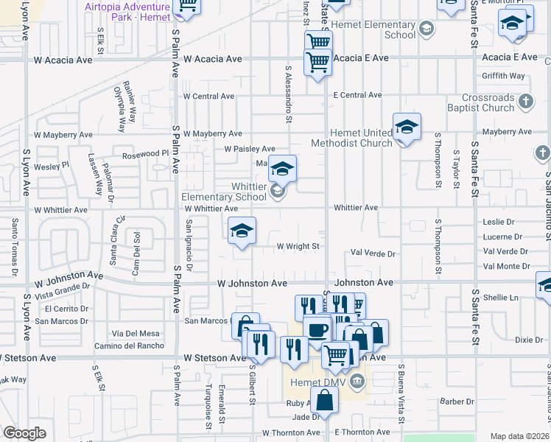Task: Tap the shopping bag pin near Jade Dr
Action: [x=325, y=402]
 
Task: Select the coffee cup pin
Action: [x=317, y=331]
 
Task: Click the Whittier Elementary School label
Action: [x=224, y=192]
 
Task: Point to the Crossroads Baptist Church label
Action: [x=488, y=102]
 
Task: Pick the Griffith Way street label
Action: [x=503, y=76]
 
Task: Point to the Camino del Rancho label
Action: [x=129, y=345]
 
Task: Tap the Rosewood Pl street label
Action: [x=145, y=154]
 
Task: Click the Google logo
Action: [x=24, y=433]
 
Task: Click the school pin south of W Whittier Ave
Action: [x=242, y=233]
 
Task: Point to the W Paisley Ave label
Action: [x=250, y=149]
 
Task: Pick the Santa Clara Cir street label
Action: [x=113, y=250]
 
